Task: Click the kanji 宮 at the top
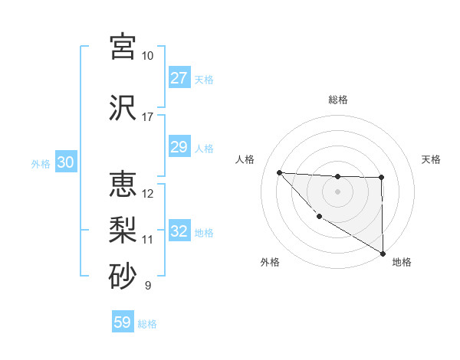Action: click(123, 46)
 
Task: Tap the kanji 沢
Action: click(123, 106)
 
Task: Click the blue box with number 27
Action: click(179, 78)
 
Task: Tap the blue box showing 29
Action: click(179, 147)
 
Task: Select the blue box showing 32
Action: click(179, 231)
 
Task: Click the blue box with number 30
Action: click(65, 162)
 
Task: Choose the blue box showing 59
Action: click(123, 322)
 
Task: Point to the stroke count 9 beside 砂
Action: click(147, 286)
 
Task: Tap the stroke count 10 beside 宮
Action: click(147, 56)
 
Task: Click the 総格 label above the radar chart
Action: click(337, 100)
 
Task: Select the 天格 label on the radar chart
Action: click(431, 159)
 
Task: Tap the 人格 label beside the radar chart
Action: click(245, 159)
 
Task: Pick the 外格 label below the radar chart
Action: click(270, 262)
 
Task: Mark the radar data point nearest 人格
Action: click(279, 172)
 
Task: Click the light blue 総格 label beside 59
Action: click(147, 324)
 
